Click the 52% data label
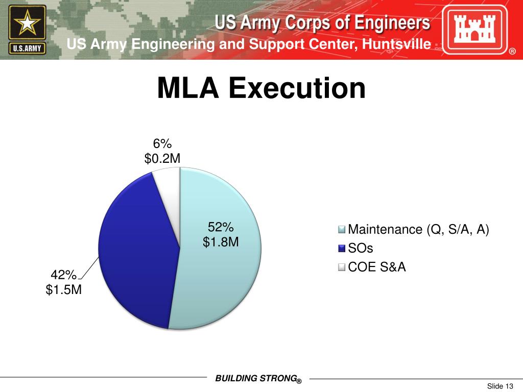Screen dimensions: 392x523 [221, 227]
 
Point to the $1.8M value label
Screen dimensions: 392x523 [221, 241]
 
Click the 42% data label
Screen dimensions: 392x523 [63, 275]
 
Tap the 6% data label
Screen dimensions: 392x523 [162, 144]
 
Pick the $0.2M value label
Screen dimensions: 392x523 [162, 159]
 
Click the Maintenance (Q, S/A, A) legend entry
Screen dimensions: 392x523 [418, 230]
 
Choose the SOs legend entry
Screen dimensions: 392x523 [361, 249]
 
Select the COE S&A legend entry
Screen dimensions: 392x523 [376, 267]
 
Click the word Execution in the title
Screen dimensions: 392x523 [297, 88]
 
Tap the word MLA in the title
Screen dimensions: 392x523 [188, 88]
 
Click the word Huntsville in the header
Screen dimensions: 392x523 [396, 44]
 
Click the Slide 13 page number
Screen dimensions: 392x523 [500, 385]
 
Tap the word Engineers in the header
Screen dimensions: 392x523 [394, 23]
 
